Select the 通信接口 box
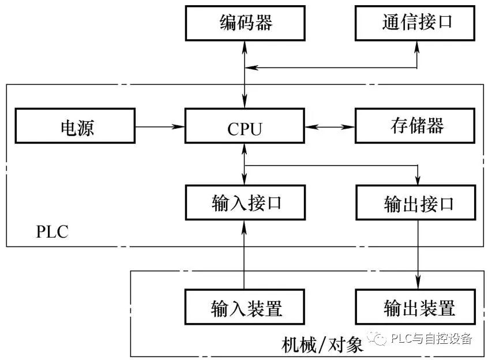coord(417,22)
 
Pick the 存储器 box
coord(417,126)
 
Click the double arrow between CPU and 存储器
coord(329,126)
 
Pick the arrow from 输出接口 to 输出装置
coord(417,254)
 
